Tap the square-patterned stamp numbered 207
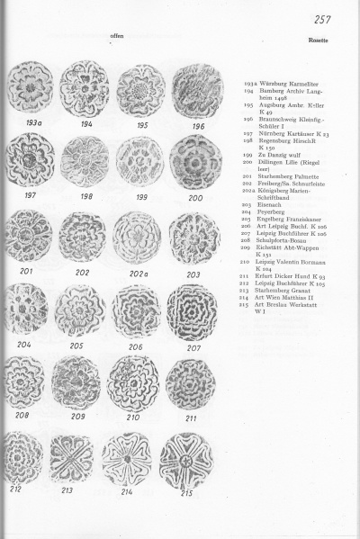pos(191,311)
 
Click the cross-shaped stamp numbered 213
pos(72,458)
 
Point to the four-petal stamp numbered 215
pos(188,460)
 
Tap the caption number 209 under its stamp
pos(82,417)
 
